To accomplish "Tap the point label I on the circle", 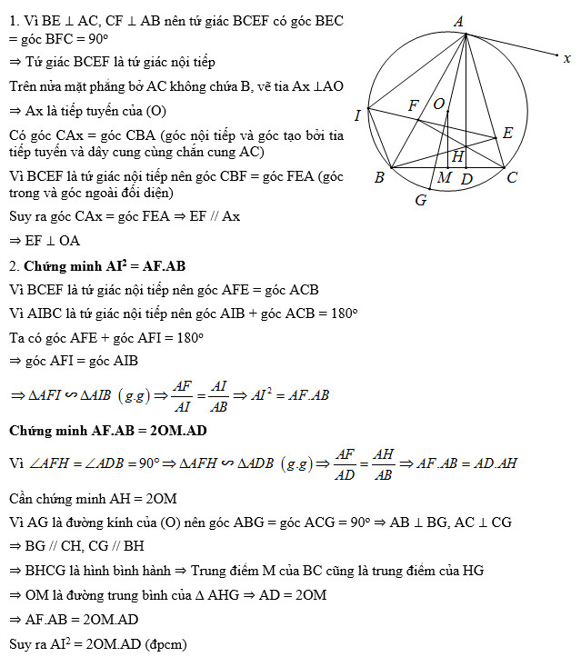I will click(x=357, y=114).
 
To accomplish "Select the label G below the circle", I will click(x=420, y=200).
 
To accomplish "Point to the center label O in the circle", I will click(x=438, y=105).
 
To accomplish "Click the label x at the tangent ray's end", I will click(x=566, y=58).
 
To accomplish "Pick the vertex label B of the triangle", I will click(x=379, y=177).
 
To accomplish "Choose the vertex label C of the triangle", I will click(x=512, y=177).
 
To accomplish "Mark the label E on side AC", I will click(x=507, y=134).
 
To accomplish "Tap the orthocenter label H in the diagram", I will click(x=457, y=156).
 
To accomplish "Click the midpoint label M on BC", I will click(x=444, y=177).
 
